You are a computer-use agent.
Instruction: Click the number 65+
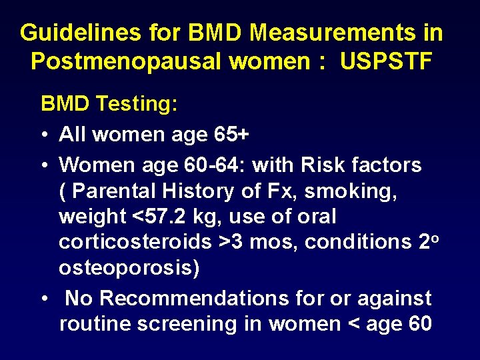[x=232, y=135]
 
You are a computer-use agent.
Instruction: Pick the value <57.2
[x=160, y=217]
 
